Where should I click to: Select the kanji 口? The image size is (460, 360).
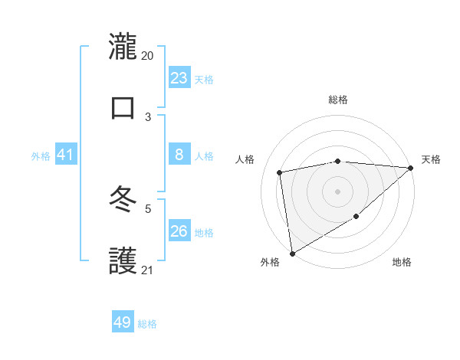click(123, 107)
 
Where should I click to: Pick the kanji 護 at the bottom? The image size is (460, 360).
click(123, 261)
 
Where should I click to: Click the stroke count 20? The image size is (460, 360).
click(147, 56)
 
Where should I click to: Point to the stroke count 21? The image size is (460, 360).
click(147, 270)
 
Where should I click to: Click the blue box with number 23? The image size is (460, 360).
click(179, 78)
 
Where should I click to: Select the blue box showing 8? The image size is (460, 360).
click(179, 155)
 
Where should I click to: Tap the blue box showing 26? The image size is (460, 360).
click(179, 231)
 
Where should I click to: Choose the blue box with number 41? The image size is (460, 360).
click(65, 155)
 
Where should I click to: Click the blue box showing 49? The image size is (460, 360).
click(123, 322)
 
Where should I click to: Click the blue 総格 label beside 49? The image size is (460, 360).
click(147, 324)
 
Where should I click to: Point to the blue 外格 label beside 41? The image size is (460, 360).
click(41, 156)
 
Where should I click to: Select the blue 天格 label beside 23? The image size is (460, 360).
click(204, 80)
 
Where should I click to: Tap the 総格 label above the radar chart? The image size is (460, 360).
click(337, 100)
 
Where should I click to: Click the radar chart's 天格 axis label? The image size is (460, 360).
click(431, 159)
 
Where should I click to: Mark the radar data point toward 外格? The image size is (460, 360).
click(292, 253)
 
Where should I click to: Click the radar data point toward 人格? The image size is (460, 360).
click(281, 172)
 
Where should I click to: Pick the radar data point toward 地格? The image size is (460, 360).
click(356, 218)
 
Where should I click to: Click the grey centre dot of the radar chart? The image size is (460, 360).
click(337, 191)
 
